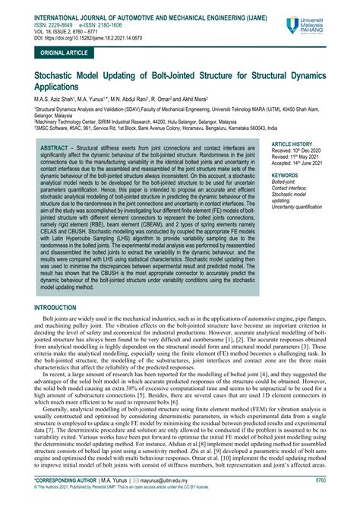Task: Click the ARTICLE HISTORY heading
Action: coord(292,122)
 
